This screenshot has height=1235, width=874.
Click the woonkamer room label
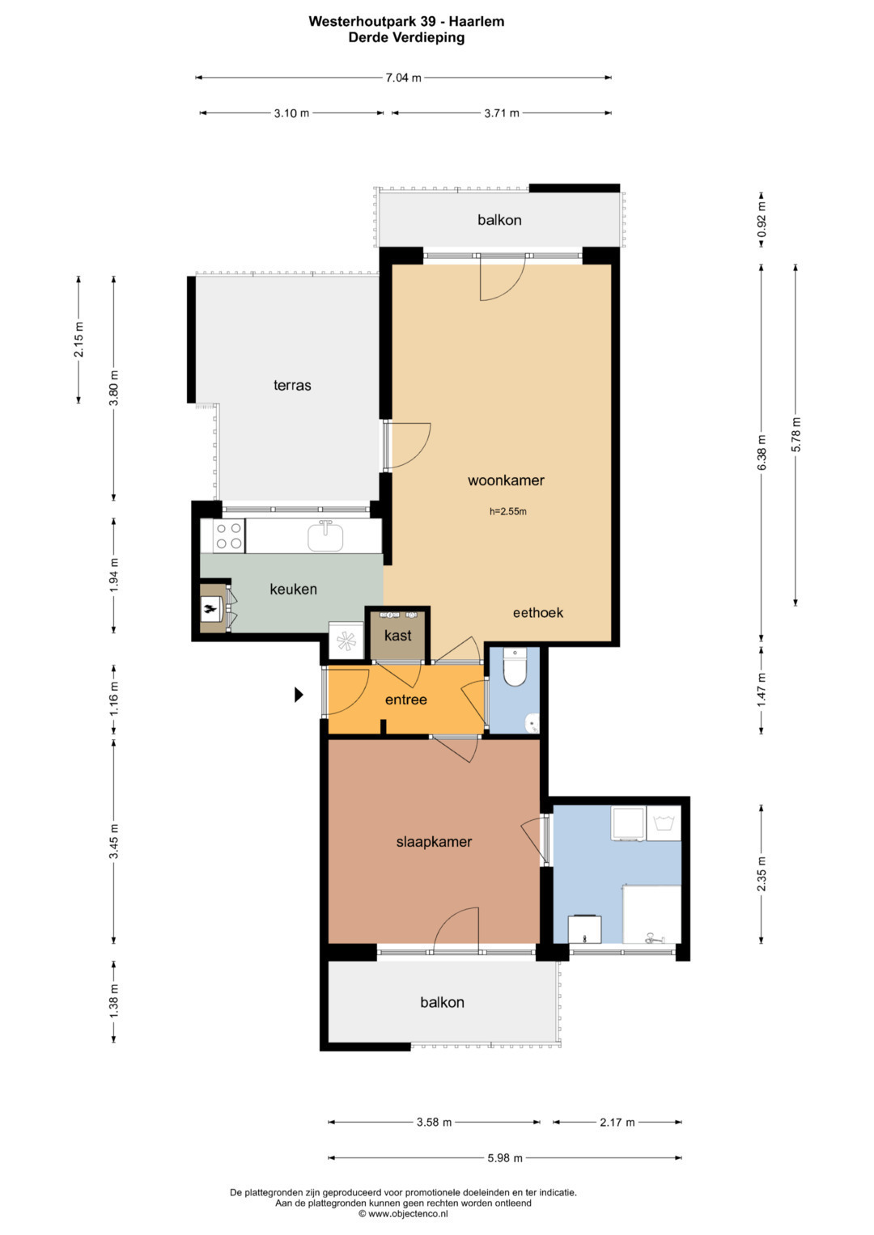506,480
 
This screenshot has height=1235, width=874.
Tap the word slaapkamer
434,842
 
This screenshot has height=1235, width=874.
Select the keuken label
293,590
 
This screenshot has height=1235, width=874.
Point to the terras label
292,385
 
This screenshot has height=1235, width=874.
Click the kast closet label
398,636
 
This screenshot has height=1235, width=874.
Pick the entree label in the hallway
406,700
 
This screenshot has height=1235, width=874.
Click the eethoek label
538,612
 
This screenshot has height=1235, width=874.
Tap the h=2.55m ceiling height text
508,512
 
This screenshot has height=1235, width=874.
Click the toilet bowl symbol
515,668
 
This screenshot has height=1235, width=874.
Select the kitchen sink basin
325,537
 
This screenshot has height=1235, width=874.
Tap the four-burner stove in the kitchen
229,536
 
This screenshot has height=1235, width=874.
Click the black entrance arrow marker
299,695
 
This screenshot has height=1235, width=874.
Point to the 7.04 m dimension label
403,78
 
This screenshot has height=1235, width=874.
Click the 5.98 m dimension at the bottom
505,1158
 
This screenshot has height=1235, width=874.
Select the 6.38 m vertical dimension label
762,453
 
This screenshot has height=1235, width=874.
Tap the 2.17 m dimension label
617,1122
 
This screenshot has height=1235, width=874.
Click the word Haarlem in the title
476,22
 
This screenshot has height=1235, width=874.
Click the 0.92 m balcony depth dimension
762,219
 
